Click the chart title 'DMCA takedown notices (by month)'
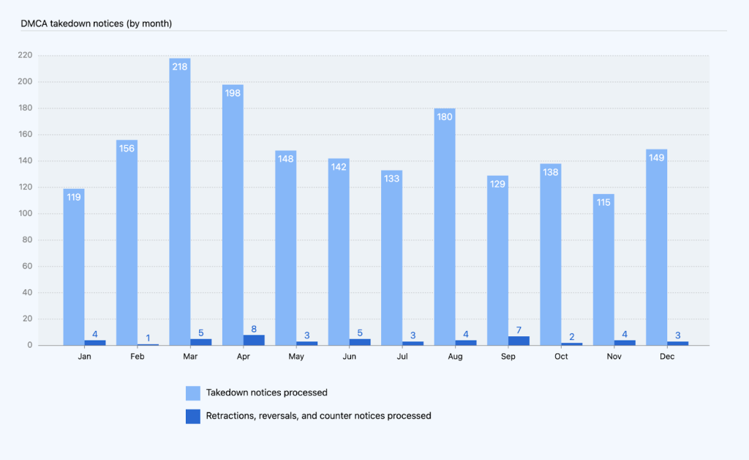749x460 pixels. coord(97,23)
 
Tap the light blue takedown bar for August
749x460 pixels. coord(445,234)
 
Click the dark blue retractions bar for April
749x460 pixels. coord(254,340)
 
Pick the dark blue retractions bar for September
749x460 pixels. coord(519,341)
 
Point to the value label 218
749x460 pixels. coord(180,67)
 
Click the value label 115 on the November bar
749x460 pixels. coord(603,202)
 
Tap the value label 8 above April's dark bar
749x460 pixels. coord(254,329)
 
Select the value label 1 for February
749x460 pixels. coord(148,338)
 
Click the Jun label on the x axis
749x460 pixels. coord(350,357)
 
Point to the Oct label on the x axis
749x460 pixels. coord(561,357)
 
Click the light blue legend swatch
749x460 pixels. coord(193,393)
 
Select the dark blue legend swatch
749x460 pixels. coord(193,416)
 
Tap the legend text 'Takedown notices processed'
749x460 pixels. coord(266,393)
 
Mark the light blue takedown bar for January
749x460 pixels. coord(74,271)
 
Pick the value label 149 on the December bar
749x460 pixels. coord(656,157)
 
